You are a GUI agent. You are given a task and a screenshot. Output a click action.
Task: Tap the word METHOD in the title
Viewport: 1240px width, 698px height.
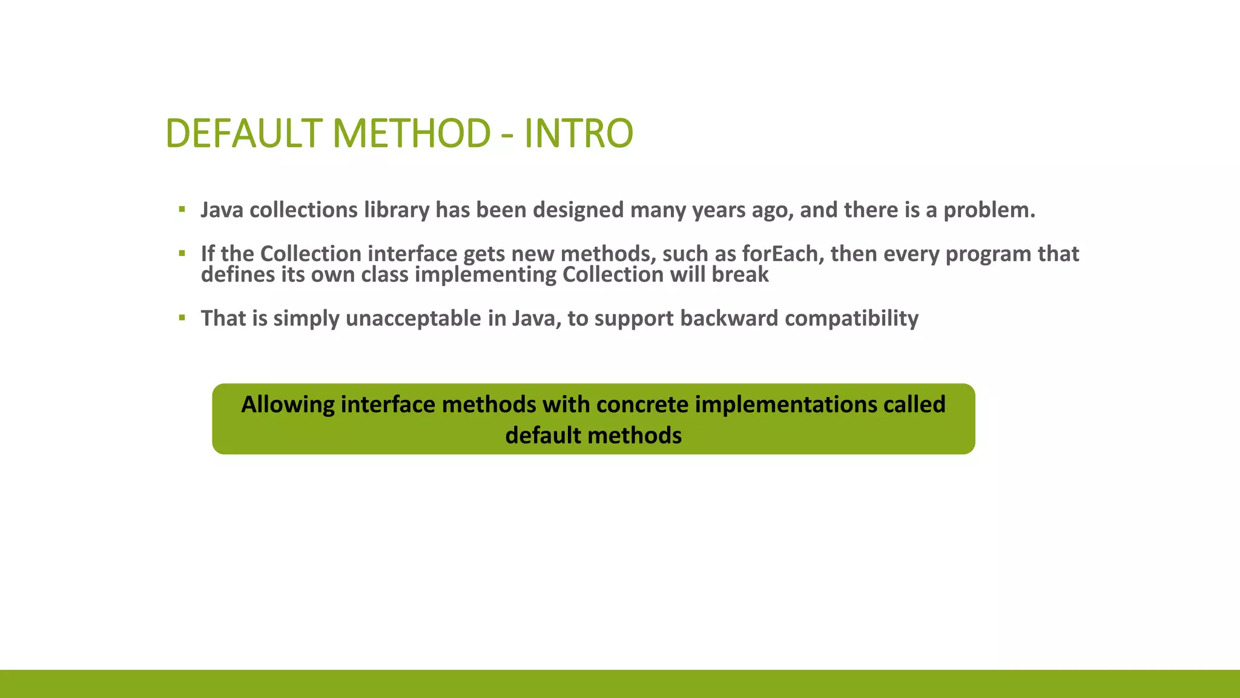pos(411,133)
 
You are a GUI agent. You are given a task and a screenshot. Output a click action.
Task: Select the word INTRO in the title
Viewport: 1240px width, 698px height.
pos(578,133)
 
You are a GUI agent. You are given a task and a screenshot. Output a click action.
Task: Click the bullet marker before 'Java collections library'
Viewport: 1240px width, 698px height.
pos(182,210)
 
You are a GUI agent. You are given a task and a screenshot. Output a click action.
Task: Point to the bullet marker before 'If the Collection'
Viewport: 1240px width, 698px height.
pos(182,253)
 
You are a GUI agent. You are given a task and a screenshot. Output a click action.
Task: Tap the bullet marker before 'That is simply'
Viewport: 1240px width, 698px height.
pos(182,317)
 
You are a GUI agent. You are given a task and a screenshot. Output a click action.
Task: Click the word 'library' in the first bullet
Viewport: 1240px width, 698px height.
pos(396,210)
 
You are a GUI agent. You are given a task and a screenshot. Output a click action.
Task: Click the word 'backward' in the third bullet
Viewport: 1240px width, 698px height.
pos(729,319)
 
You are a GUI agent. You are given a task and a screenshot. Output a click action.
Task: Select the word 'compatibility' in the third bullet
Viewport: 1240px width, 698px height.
pos(851,319)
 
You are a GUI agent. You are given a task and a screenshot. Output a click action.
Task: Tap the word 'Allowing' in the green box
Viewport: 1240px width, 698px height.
pos(288,404)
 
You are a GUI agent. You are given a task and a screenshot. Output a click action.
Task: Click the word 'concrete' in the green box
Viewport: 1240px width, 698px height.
pos(642,404)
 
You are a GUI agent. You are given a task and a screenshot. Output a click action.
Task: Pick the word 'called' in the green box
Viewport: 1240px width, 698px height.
pos(914,404)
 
